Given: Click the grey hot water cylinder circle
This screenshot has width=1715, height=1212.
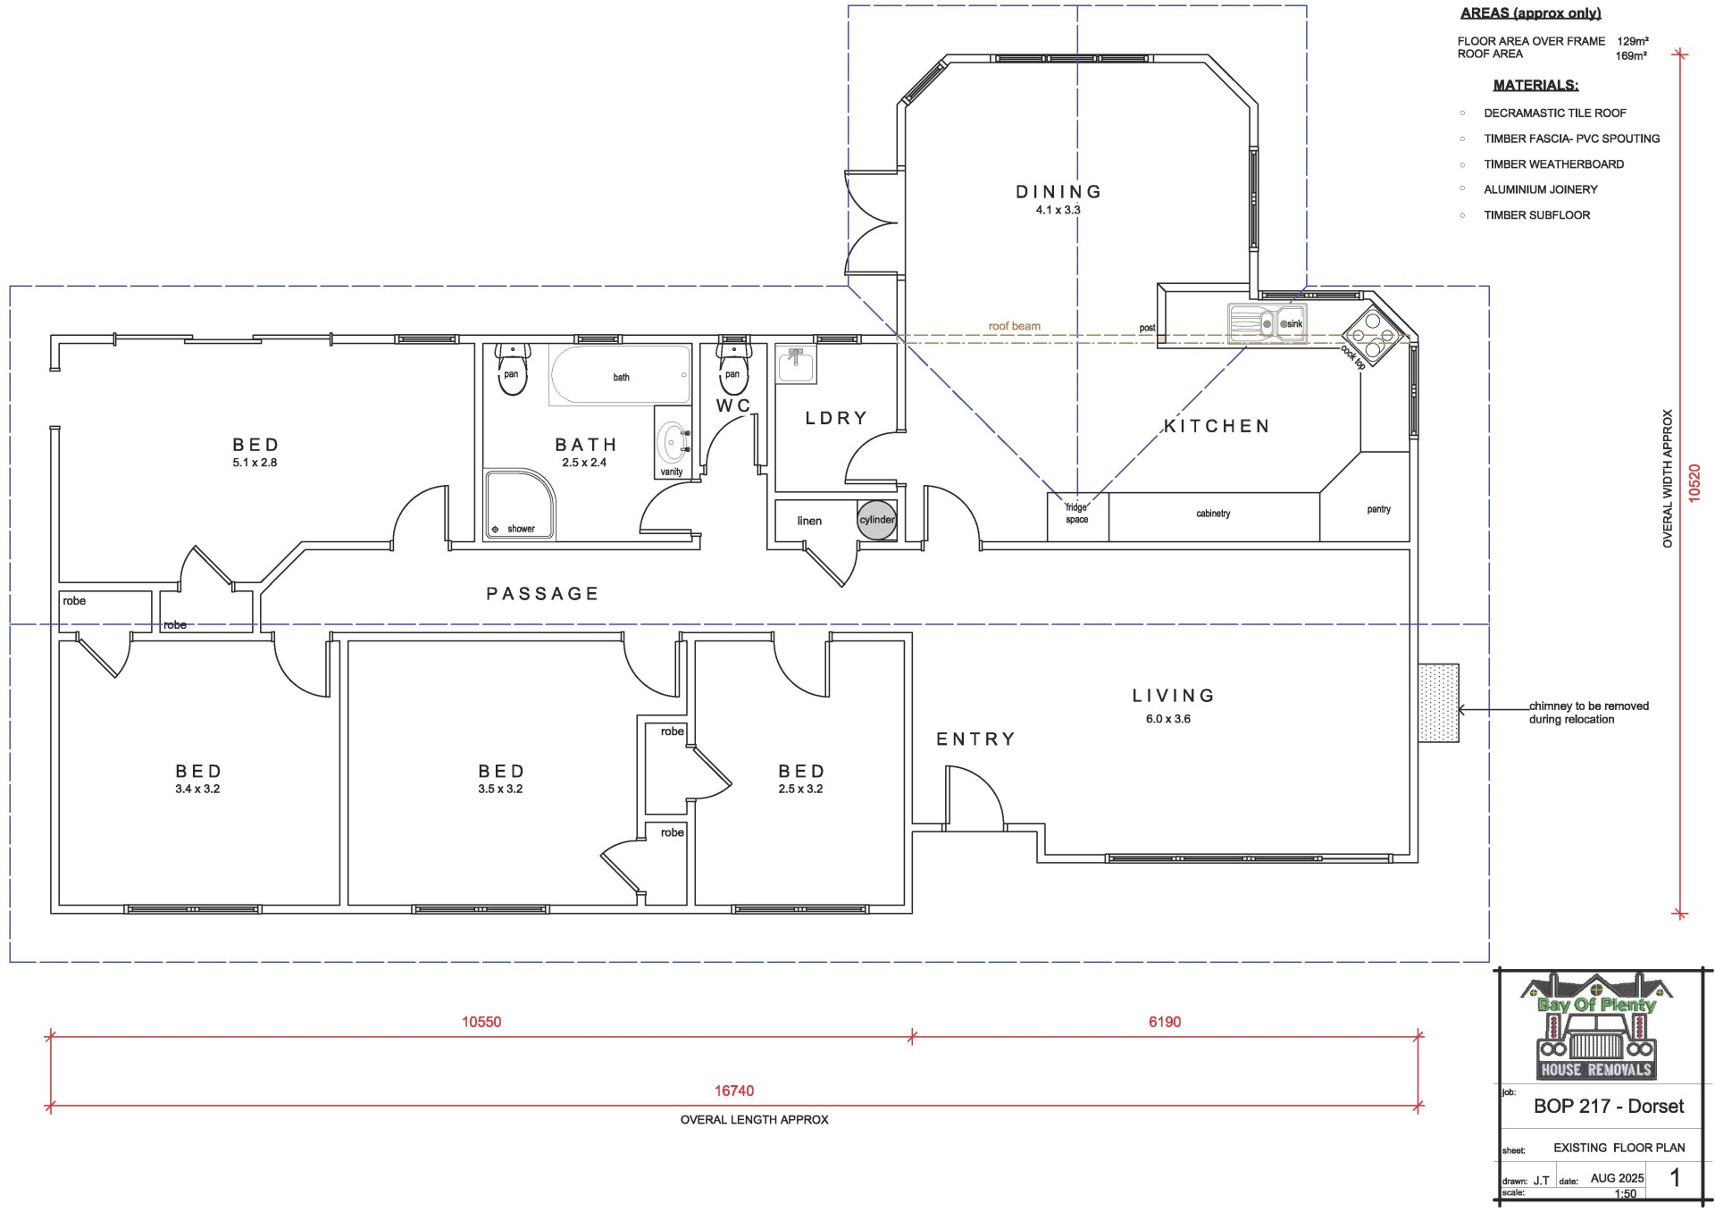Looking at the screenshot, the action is (x=876, y=520).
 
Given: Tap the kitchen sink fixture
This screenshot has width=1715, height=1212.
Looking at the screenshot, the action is (x=1267, y=324).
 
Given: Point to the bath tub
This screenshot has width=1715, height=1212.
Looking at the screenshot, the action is (x=621, y=375).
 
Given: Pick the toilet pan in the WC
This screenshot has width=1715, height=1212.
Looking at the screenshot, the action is (x=732, y=367).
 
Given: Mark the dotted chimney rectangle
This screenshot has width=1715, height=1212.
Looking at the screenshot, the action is (x=1438, y=702).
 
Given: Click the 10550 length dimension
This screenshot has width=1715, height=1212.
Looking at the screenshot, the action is (x=481, y=1022).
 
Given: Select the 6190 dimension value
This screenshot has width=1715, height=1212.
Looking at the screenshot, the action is (x=1165, y=1022).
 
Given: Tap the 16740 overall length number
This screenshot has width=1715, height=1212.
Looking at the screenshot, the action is (x=734, y=1091).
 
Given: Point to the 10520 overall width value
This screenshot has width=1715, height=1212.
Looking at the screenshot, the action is (x=1694, y=483).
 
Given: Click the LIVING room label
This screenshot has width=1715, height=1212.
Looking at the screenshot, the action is (x=1174, y=695).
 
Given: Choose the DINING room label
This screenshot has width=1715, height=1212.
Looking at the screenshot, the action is (x=1058, y=191).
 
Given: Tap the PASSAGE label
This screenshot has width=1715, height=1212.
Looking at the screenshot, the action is (x=542, y=593).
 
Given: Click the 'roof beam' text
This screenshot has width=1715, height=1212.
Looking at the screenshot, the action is (x=1014, y=326).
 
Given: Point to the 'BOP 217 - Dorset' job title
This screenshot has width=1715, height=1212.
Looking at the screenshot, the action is (x=1609, y=1106).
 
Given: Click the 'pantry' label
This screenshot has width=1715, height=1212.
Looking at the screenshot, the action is (x=1378, y=509).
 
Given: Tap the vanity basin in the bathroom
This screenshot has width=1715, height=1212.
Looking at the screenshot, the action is (x=673, y=441).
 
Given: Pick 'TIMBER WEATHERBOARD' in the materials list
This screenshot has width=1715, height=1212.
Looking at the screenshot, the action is (x=1554, y=164).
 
